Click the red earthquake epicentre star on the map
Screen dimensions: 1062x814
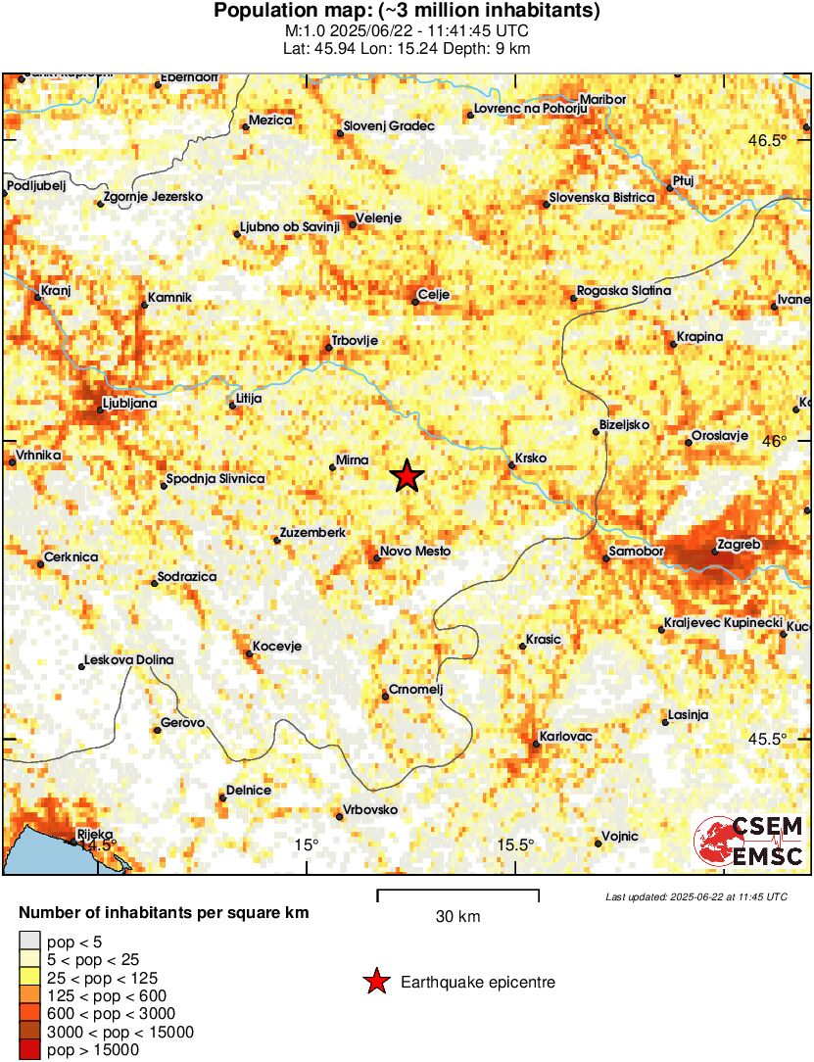(407, 477)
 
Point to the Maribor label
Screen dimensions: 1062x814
(602, 99)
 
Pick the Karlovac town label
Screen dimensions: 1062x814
(567, 736)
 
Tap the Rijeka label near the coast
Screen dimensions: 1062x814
(95, 835)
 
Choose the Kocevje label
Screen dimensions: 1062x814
(276, 646)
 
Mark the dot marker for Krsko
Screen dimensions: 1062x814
(511, 465)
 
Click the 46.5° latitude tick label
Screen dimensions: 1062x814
(767, 140)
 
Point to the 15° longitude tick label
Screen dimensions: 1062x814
(308, 845)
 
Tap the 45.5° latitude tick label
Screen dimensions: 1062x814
(767, 739)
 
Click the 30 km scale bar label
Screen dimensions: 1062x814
(457, 917)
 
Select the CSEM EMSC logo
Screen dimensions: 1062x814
(750, 841)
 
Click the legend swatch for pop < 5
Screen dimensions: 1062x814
(30, 943)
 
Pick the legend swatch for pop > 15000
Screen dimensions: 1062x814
(30, 1049)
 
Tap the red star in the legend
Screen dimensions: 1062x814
(375, 982)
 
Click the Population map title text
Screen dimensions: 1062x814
(407, 12)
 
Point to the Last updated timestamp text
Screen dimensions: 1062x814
(695, 896)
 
